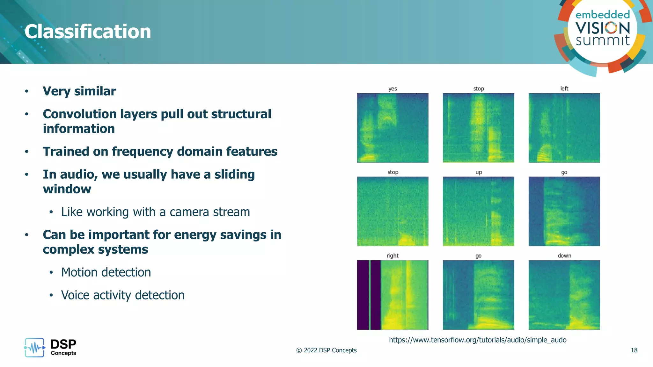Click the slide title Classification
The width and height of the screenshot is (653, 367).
88,32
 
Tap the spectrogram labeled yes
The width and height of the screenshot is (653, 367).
393,128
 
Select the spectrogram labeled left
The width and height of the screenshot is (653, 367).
564,128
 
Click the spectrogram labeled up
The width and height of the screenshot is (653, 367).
478,211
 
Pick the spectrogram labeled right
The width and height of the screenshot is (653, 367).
393,295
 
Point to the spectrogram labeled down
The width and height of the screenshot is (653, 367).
564,295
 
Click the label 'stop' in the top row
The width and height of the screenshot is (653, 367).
478,89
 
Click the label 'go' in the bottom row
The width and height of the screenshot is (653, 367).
478,256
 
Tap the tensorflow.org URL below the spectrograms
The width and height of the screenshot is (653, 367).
477,340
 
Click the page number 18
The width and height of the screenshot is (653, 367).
634,350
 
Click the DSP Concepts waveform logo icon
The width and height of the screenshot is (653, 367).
34,348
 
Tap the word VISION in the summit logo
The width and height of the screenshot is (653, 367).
603,28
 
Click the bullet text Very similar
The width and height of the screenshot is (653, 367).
79,91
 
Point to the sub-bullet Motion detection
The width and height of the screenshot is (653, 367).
106,272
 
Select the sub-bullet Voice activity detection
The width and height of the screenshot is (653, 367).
123,295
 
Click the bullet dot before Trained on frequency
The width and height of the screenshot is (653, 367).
27,152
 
